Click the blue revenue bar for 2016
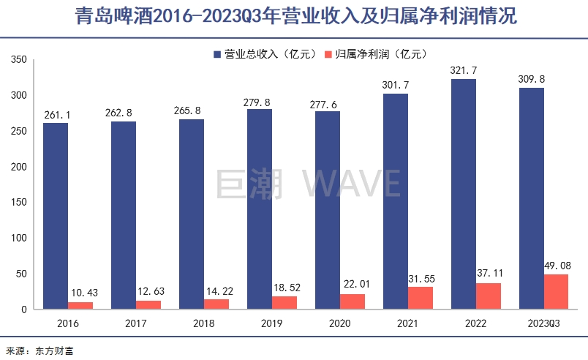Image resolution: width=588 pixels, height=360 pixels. pyautogui.click(x=55, y=216)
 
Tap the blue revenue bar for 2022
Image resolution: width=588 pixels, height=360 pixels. pyautogui.click(x=464, y=194)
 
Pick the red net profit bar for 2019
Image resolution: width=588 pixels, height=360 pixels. pyautogui.click(x=284, y=302)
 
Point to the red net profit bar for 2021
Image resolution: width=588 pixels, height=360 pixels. pyautogui.click(x=421, y=298)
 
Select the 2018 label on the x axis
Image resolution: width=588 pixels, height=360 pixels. pyautogui.click(x=203, y=323)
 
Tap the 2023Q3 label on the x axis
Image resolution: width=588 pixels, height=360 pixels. pyautogui.click(x=543, y=323)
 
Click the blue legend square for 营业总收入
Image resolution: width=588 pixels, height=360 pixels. pyautogui.click(x=217, y=54)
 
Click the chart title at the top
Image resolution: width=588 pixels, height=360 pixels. pyautogui.click(x=294, y=17)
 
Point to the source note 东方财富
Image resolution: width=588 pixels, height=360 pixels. pyautogui.click(x=55, y=350)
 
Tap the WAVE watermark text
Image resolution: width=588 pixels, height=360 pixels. pyautogui.click(x=353, y=183)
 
